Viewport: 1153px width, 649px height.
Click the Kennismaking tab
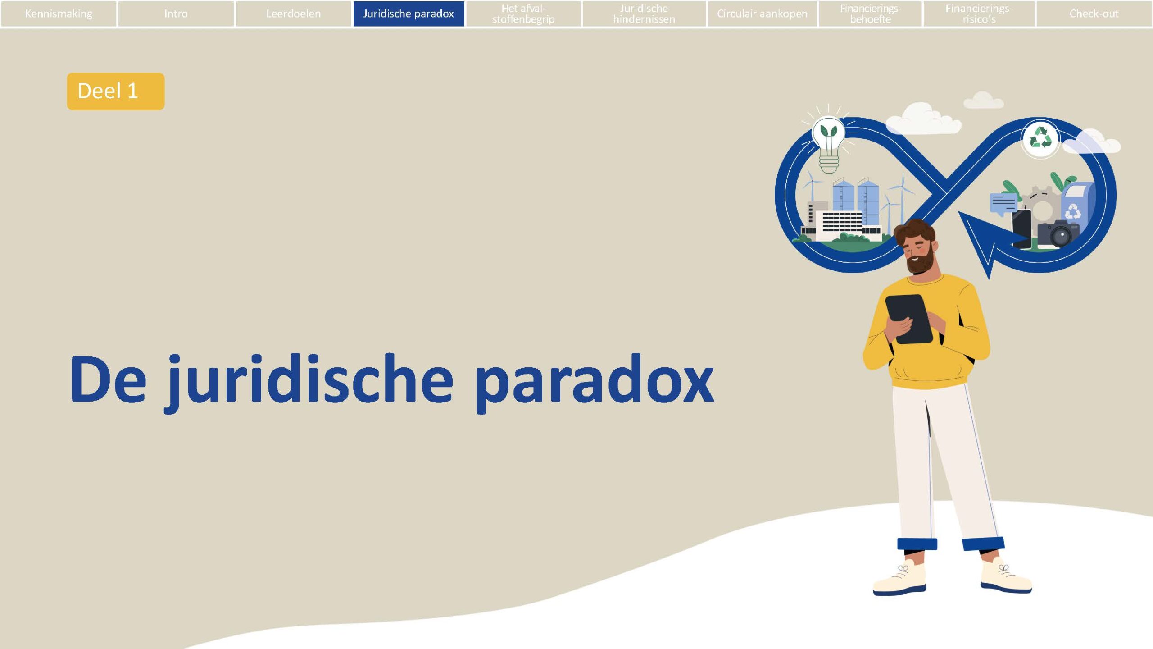click(59, 14)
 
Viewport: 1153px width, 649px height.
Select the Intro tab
click(176, 14)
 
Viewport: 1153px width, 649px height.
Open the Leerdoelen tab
click(293, 14)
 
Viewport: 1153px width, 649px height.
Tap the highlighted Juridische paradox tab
click(409, 14)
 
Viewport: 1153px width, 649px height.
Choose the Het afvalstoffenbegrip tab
click(523, 14)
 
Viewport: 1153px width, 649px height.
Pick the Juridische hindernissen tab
click(644, 14)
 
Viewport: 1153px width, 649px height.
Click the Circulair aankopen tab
click(762, 14)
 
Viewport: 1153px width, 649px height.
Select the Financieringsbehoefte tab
click(870, 14)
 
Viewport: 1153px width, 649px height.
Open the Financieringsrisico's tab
click(979, 14)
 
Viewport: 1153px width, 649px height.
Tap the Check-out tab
click(1094, 14)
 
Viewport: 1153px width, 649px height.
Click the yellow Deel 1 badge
click(116, 91)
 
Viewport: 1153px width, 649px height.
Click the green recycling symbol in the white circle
click(1040, 138)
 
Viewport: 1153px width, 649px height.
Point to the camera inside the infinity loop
click(1058, 233)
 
